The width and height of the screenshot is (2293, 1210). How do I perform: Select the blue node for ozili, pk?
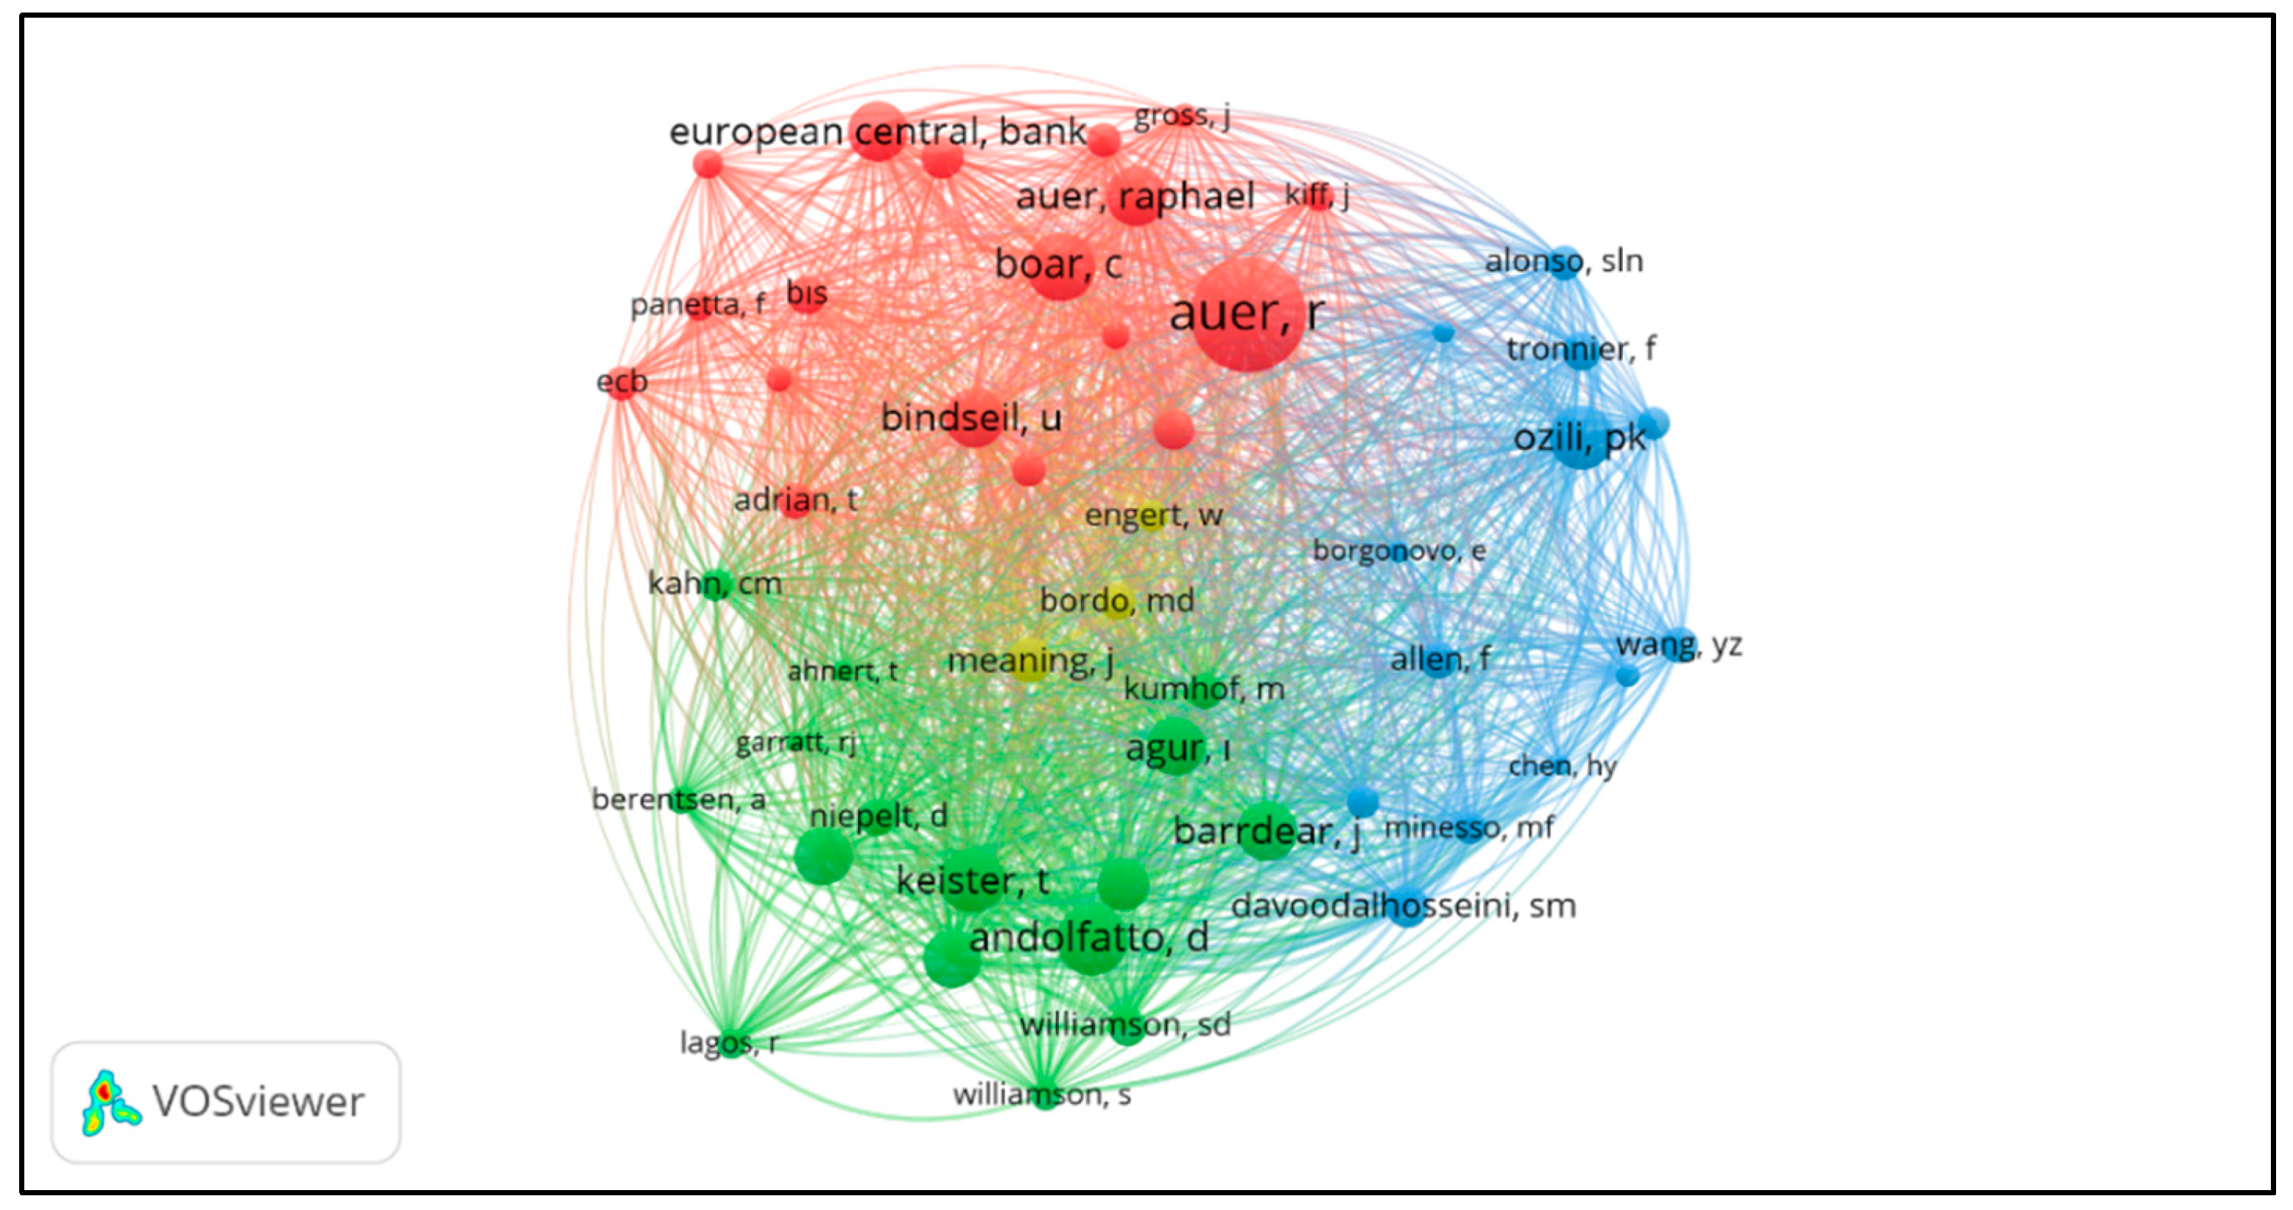(x=1581, y=437)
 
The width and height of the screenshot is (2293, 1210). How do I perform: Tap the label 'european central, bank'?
(x=877, y=132)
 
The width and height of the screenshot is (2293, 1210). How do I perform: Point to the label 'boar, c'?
(x=1057, y=264)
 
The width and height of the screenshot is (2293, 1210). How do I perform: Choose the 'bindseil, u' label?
(x=971, y=418)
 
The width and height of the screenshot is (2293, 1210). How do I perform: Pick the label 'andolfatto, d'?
(x=1088, y=938)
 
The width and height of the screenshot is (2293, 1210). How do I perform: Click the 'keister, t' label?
(x=972, y=881)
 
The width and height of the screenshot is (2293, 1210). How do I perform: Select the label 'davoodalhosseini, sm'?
(x=1403, y=907)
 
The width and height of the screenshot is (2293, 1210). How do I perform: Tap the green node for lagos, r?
(x=732, y=1043)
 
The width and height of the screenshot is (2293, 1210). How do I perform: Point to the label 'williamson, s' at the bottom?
(x=1041, y=1094)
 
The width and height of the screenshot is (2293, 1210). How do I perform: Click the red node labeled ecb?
(x=621, y=383)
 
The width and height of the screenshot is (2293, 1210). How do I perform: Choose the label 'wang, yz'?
(x=1679, y=644)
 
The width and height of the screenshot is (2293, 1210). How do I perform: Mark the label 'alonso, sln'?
(x=1563, y=261)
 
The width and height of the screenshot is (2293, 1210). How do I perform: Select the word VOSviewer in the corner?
(x=258, y=1102)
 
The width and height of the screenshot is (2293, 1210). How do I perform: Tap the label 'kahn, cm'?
(x=715, y=584)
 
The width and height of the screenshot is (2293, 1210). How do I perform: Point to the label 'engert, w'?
(x=1152, y=515)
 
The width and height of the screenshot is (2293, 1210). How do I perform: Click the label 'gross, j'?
(x=1181, y=116)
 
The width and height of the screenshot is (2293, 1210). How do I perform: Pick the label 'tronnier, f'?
(x=1580, y=349)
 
